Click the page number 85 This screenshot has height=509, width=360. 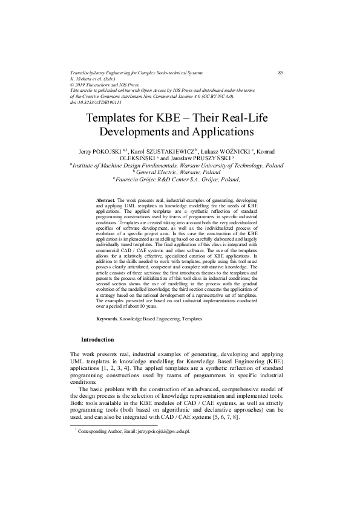[281, 73]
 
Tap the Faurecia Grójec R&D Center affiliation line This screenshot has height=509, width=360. [180, 179]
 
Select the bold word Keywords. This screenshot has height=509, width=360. [107, 317]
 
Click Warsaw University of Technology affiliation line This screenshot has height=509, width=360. [180, 164]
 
